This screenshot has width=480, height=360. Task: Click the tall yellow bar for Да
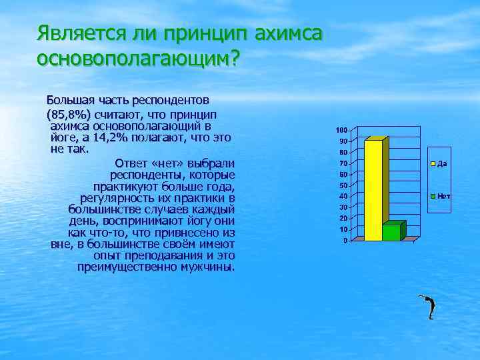(373, 190)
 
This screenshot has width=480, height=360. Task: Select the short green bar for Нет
(391, 231)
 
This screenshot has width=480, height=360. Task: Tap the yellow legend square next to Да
(433, 163)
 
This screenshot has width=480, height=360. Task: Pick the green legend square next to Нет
(433, 196)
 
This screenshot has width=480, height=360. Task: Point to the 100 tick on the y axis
(341, 129)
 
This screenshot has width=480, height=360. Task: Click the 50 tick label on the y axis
(342, 185)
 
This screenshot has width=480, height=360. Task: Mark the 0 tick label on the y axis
(344, 241)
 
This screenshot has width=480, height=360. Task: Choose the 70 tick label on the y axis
(342, 163)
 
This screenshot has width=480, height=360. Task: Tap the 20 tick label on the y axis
(342, 219)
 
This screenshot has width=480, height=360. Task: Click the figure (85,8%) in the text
(72, 113)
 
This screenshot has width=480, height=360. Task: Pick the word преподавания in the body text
(167, 256)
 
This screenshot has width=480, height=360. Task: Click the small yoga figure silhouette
(429, 307)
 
